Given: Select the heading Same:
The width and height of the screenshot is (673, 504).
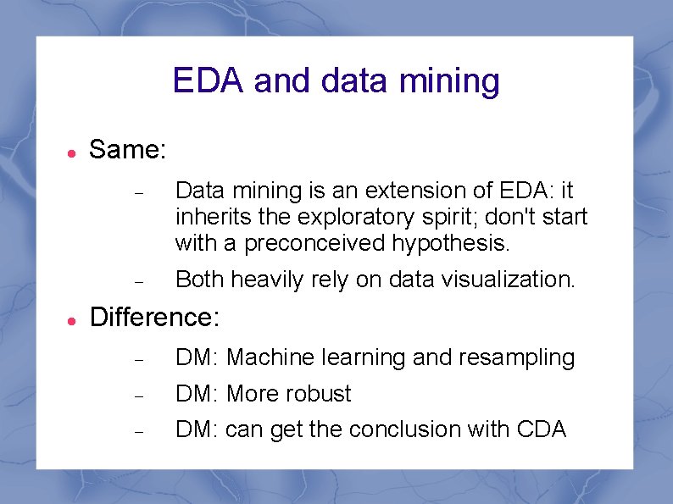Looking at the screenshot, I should point(128,150).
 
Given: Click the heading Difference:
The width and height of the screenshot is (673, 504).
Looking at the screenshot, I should point(154,317).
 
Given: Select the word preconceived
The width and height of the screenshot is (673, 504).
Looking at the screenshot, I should point(315,245).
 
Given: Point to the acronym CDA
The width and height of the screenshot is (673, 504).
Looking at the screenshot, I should point(541,429).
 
